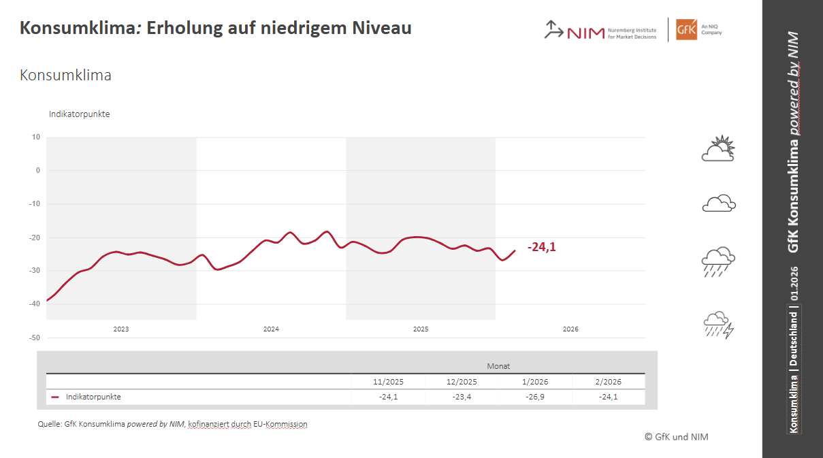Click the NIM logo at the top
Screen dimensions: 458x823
575,31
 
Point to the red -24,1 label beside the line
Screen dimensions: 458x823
541,248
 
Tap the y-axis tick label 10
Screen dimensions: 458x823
35,137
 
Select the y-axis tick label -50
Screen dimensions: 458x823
34,338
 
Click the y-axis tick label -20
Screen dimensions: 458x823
34,238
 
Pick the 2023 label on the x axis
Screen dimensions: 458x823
121,329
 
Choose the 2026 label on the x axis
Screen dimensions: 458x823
570,329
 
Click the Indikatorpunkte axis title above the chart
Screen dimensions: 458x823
79,114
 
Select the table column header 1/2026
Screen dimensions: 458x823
535,382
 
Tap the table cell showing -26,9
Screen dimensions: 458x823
535,397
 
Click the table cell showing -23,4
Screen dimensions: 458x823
462,397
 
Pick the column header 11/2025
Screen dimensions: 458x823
388,382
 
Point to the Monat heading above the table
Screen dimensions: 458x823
498,366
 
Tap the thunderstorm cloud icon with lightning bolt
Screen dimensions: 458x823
718,325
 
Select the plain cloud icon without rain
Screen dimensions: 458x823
718,203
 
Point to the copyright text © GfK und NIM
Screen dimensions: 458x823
676,437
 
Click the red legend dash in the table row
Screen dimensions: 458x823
55,397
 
